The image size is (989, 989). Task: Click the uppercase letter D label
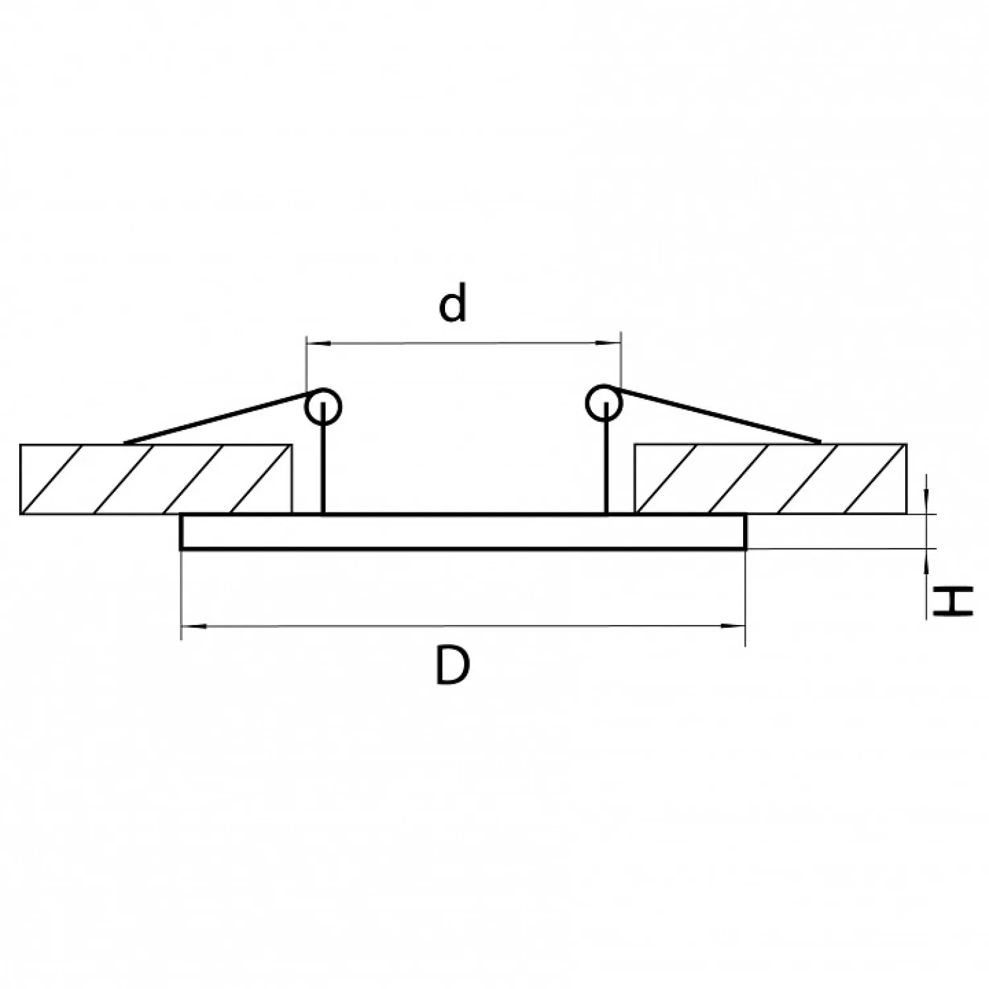453,665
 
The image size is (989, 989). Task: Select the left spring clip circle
323,404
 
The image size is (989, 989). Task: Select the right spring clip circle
604,403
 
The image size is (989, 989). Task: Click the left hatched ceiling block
156,479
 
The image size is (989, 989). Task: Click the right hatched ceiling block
770,479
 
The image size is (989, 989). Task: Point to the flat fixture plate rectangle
464,531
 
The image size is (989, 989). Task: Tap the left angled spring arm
218,417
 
